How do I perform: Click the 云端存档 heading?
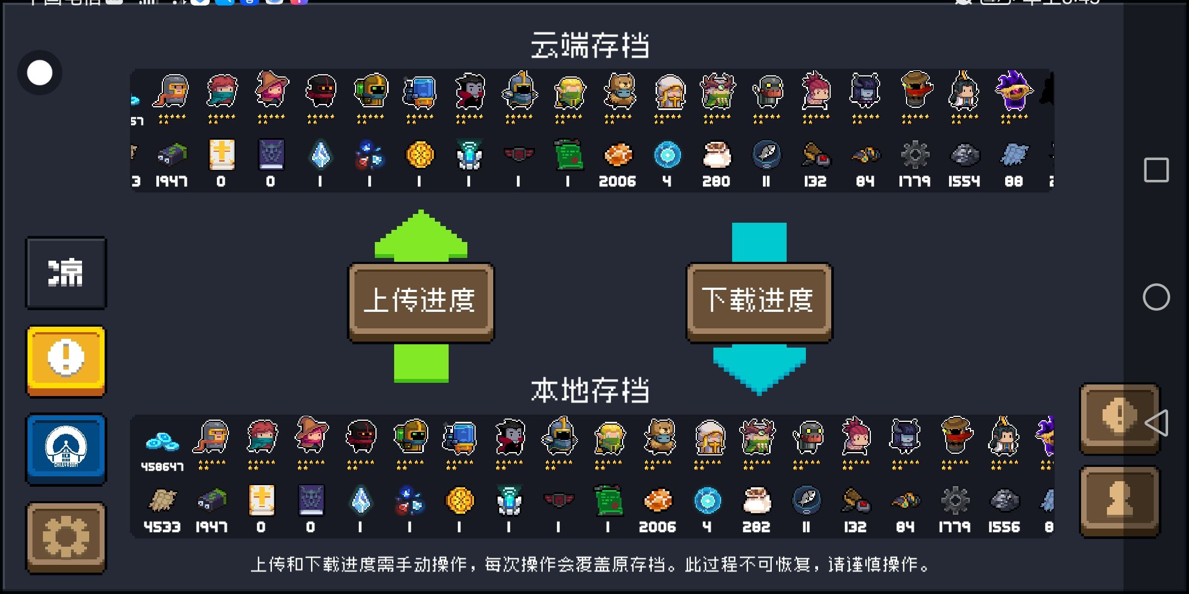pos(590,45)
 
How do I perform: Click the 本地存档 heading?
pos(590,391)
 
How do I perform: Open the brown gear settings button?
pos(66,537)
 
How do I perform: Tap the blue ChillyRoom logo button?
pos(66,448)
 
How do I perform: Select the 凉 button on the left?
pos(66,273)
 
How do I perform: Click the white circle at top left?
pos(40,73)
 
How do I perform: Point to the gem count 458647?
pos(162,467)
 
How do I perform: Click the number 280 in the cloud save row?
pos(716,182)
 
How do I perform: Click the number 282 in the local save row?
pos(756,527)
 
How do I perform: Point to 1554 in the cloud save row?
pos(964,182)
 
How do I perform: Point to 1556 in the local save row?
pos(1004,527)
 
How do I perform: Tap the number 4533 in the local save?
pos(162,527)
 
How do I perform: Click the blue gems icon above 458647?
pos(162,442)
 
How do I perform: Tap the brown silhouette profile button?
pos(1120,501)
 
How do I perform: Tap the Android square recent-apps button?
pos(1156,170)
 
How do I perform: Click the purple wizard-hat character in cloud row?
pos(1014,91)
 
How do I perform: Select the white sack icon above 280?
pos(716,155)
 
